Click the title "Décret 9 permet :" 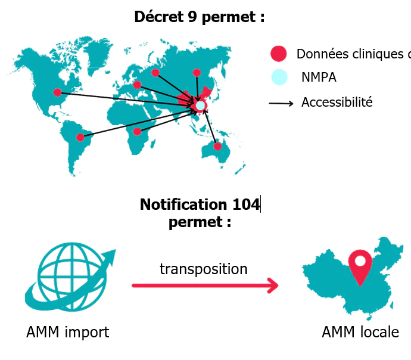click(199, 17)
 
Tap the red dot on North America click(57, 92)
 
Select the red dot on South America click(80, 138)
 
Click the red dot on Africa click(137, 131)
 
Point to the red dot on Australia click(217, 146)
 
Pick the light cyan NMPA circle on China click(200, 105)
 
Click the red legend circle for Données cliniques click(278, 54)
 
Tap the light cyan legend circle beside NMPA click(278, 77)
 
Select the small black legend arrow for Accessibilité click(281, 104)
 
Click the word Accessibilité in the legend click(337, 103)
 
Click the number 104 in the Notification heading click(246, 205)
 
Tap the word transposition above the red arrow click(204, 269)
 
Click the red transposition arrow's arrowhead click(273, 285)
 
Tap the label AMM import click(68, 332)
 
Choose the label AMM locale click(360, 332)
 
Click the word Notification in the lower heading click(183, 205)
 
